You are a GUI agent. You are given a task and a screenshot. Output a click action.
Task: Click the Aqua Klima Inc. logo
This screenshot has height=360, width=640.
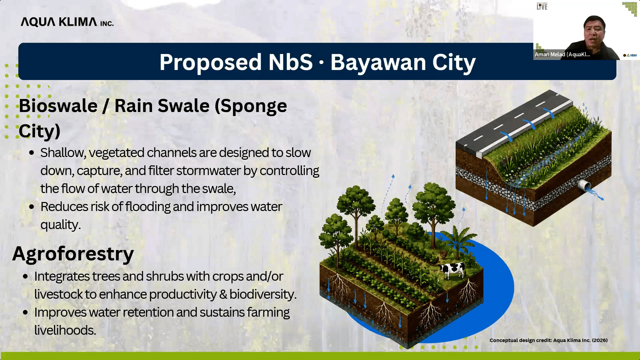tap(67, 22)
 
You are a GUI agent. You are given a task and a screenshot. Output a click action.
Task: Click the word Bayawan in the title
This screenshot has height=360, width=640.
tap(378, 62)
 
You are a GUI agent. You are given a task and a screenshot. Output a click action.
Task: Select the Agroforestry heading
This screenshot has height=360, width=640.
tap(73, 254)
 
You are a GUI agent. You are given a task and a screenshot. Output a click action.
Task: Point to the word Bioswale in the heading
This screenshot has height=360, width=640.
tap(58, 106)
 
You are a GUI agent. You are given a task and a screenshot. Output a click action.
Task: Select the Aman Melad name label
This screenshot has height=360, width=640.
tap(562, 54)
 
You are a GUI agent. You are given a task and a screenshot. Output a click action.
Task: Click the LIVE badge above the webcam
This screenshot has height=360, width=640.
tap(542, 6)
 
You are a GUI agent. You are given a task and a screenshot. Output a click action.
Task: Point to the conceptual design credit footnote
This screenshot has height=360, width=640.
tap(548, 340)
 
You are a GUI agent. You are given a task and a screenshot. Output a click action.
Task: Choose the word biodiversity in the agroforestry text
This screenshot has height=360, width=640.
tap(263, 294)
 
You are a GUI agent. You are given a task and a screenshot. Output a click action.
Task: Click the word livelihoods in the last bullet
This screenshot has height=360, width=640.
tap(65, 330)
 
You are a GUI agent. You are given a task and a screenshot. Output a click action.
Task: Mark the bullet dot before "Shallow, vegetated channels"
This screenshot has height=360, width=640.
tap(32, 153)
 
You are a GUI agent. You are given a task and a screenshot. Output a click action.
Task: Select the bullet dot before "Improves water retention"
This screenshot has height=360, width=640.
tap(26, 313)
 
